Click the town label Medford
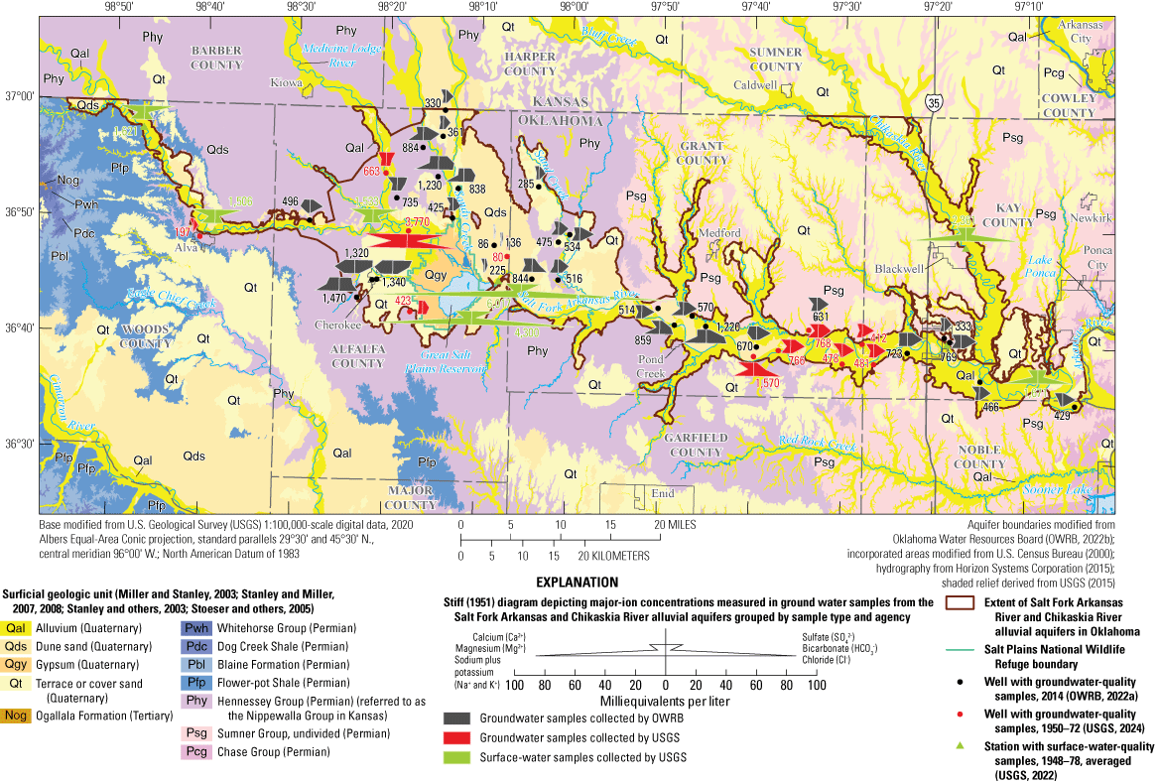pyautogui.click(x=719, y=234)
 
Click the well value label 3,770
pyautogui.click(x=416, y=221)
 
